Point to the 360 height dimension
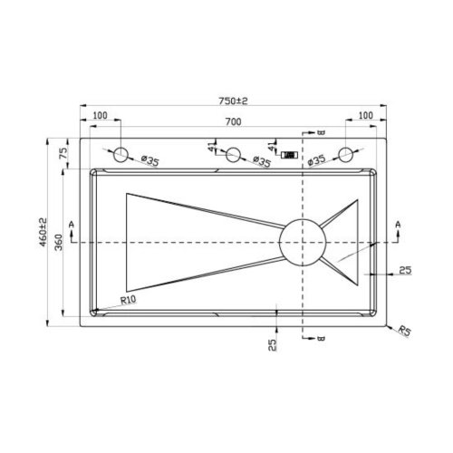click(x=58, y=243)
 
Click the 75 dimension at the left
click(x=63, y=154)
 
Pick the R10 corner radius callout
click(x=128, y=301)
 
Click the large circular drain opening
click(x=302, y=243)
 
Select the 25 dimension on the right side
click(x=403, y=271)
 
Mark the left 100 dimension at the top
click(x=99, y=116)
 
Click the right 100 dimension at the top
click(x=364, y=116)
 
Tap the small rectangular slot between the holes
click(x=290, y=155)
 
